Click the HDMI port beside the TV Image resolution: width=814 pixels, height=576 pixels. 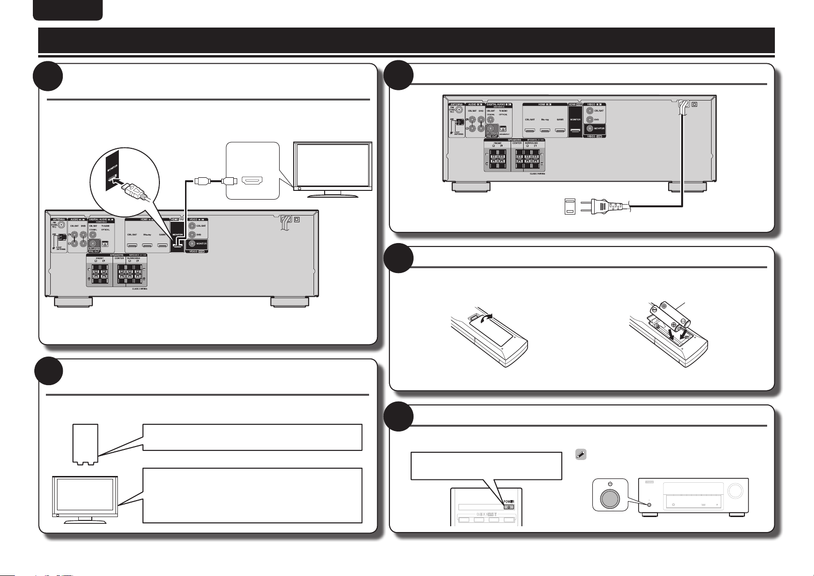tap(252, 181)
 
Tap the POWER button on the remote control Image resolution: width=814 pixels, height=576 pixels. tap(509, 507)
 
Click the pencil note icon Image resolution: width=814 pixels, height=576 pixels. tap(581, 455)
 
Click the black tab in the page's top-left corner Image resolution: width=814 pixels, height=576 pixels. tap(68, 10)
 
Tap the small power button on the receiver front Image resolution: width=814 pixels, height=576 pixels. tap(649, 505)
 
